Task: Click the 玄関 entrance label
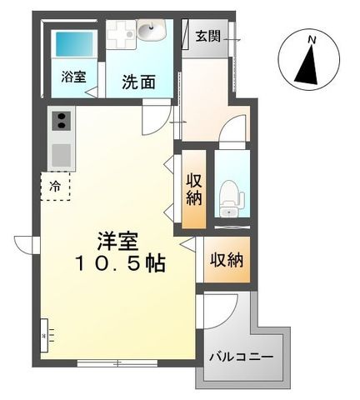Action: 208,36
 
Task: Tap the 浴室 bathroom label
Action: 72,76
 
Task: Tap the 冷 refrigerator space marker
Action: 55,187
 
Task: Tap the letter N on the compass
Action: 310,38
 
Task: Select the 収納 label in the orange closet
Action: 193,189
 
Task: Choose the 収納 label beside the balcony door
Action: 226,260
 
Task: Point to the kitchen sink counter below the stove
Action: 60,153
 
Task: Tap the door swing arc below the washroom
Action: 153,121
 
